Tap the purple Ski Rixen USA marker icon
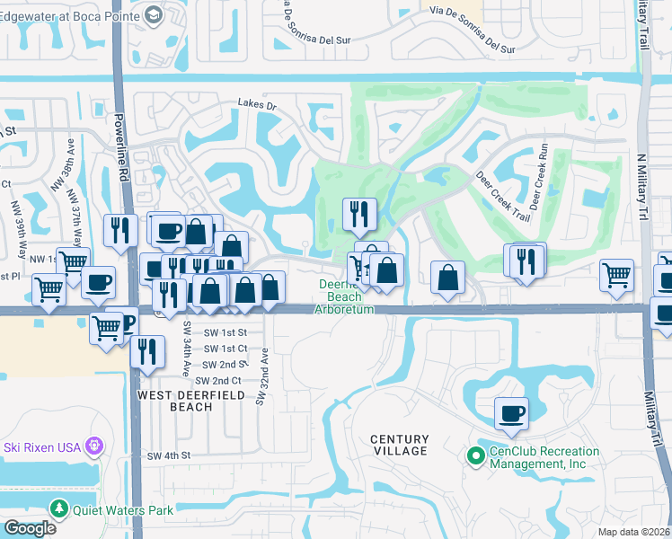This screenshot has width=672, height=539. point(92,446)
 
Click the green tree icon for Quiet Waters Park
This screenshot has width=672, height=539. point(59,509)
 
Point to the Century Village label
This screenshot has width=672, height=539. point(400,445)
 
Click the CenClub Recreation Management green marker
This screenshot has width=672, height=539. point(476,456)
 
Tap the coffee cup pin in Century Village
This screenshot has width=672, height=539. point(511,413)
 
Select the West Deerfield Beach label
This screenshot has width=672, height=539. point(175,400)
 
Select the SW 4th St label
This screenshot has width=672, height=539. point(170,456)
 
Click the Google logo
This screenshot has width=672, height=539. point(30,528)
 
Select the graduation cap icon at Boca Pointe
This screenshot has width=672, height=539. point(153,13)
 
